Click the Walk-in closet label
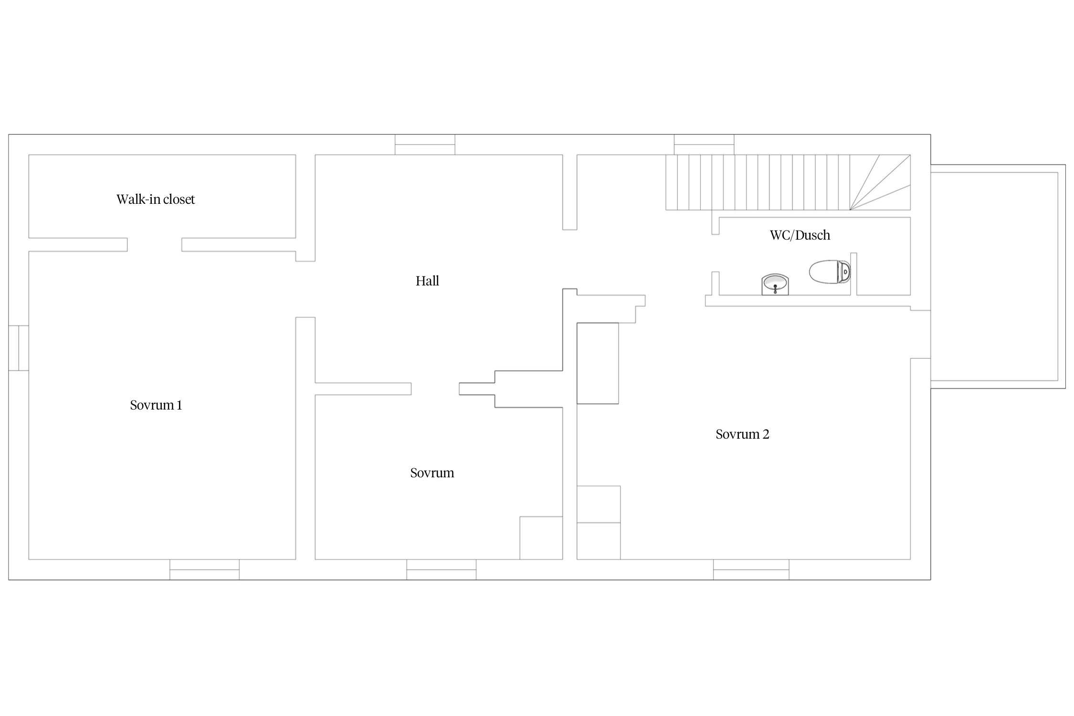pos(156,199)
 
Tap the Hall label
pos(427,281)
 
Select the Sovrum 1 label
pos(156,405)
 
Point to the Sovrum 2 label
pos(742,434)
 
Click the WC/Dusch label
pos(800,235)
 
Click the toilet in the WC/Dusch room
pos(830,272)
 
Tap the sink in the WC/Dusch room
pos(775,284)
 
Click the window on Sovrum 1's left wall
pos(19,348)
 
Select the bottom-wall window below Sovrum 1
pos(204,569)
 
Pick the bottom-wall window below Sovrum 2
pos(751,569)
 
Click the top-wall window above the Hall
pos(425,145)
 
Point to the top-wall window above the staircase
pos(704,145)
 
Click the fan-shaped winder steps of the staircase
pos(880,182)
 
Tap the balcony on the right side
pos(998,276)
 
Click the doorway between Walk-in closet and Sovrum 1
pos(154,244)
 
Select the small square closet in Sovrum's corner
pos(541,538)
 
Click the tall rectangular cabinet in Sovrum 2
pos(598,363)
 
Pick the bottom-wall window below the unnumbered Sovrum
pos(441,569)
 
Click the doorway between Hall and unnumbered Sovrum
pos(435,389)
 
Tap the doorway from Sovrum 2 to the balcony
pos(921,334)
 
